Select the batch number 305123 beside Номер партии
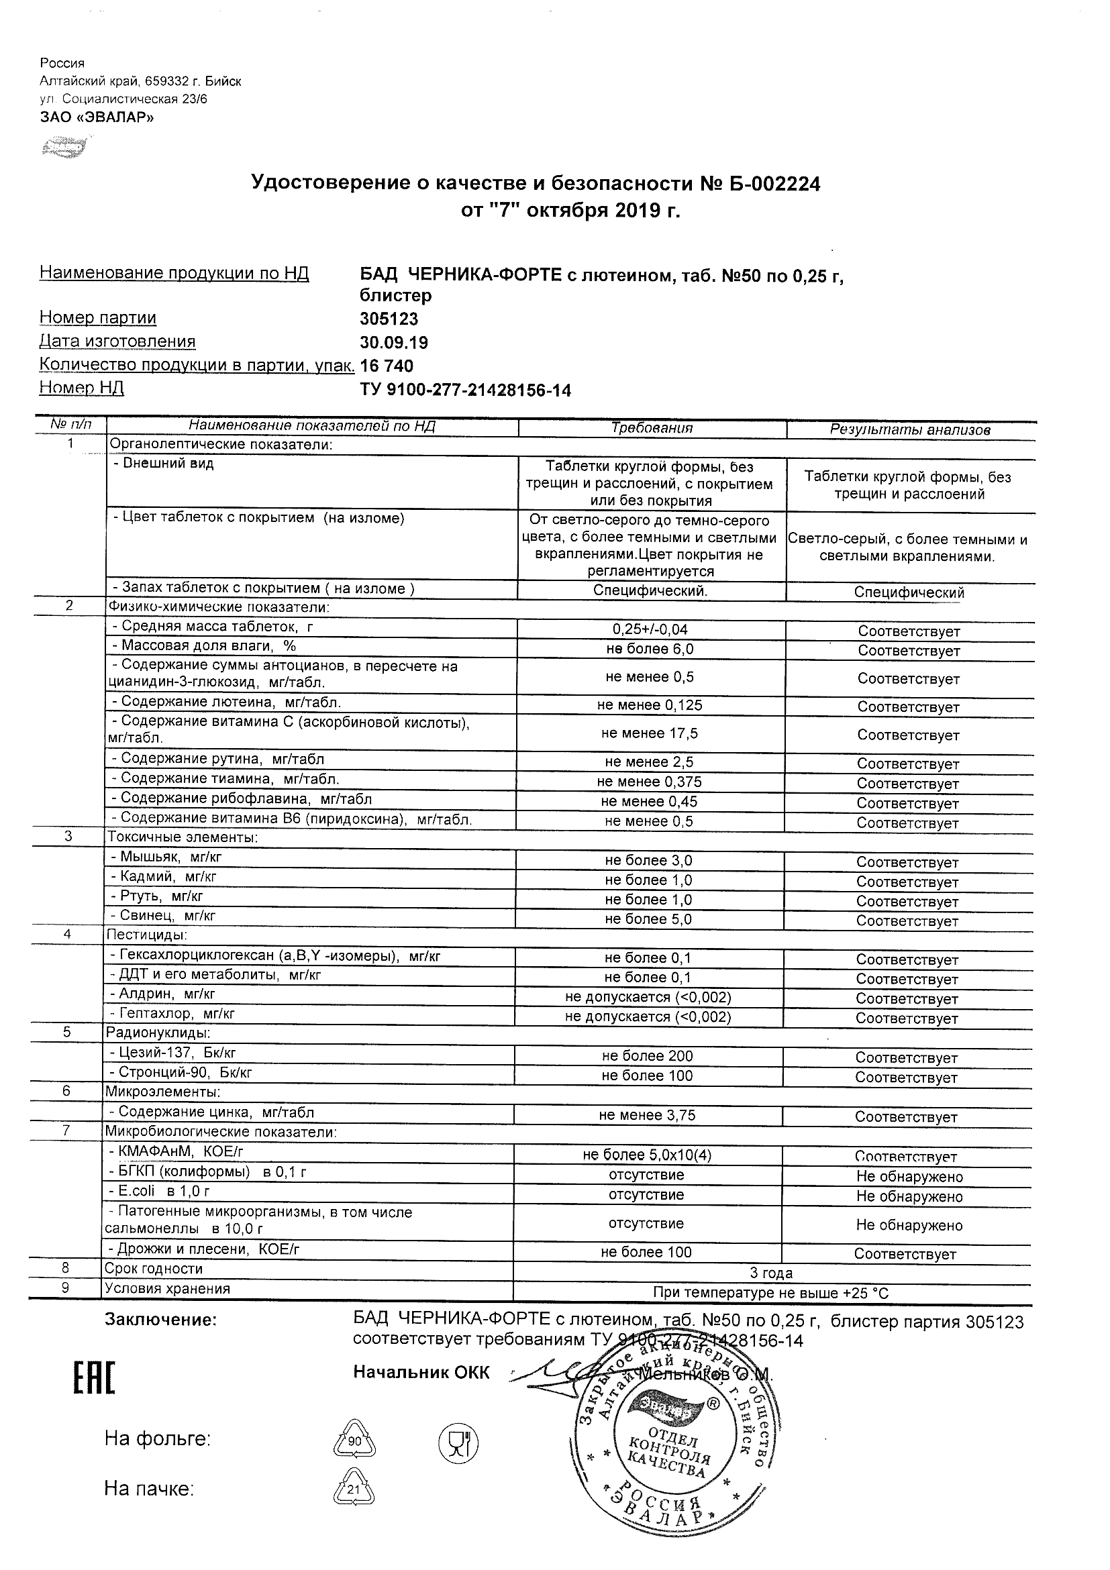[389, 319]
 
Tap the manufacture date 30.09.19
[393, 343]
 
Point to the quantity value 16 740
[387, 366]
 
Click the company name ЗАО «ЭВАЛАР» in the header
[97, 117]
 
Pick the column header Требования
[652, 428]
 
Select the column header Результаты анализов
[909, 429]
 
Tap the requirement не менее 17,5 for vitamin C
[649, 734]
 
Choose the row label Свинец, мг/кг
[167, 916]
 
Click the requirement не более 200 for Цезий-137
[647, 1057]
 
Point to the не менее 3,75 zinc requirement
[647, 1115]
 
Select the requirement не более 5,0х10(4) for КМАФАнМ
[647, 1155]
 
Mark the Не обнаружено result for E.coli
[909, 1197]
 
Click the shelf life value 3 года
[771, 1273]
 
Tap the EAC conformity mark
[95, 1377]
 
